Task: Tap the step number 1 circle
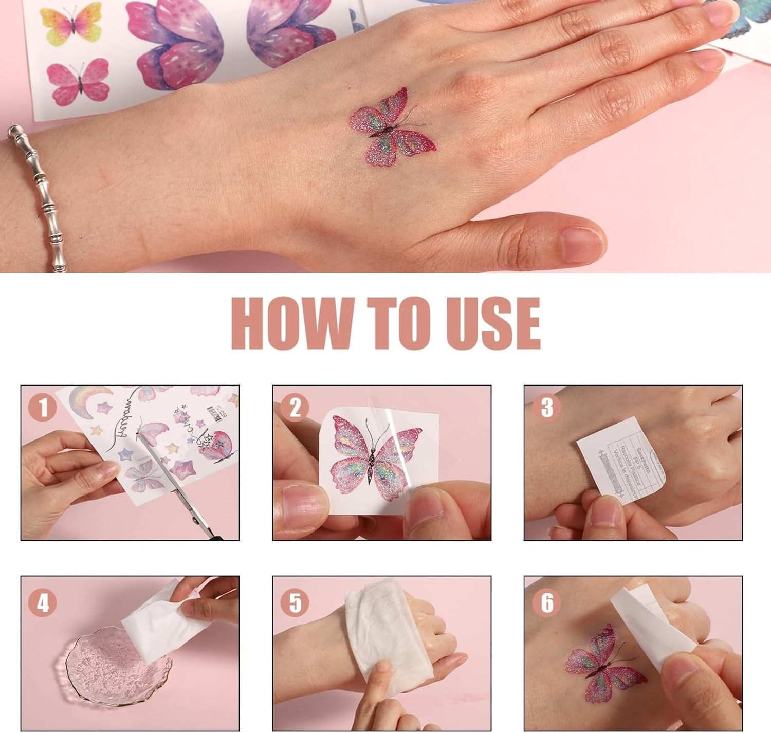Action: (43, 409)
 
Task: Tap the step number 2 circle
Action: (295, 409)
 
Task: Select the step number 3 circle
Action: (546, 409)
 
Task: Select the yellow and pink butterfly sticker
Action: (71, 23)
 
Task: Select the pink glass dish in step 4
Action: (103, 673)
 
